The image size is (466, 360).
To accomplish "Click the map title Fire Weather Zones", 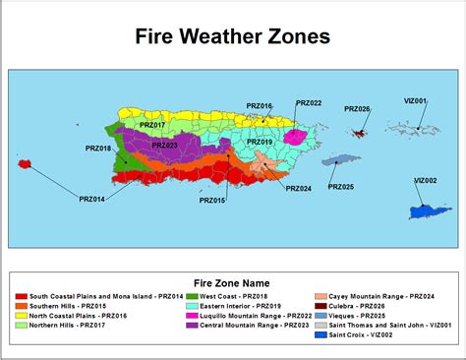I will click(233, 37).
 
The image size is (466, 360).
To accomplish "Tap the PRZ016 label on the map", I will click(259, 105).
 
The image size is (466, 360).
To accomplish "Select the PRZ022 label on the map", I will click(308, 102).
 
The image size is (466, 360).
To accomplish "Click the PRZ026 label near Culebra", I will click(357, 109).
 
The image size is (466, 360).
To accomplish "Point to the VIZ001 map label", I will click(415, 101).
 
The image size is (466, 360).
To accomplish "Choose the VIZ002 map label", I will click(425, 180).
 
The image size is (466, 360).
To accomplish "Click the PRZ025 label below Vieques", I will click(341, 186).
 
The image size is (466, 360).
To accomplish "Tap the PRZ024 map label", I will click(298, 188).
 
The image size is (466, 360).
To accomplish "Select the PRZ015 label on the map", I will click(212, 200).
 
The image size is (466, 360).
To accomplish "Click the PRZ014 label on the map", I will click(91, 200).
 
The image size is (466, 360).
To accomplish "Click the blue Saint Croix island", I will click(429, 211).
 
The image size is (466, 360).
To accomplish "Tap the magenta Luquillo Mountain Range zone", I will click(294, 136).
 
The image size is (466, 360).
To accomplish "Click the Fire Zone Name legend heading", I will click(233, 280).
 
